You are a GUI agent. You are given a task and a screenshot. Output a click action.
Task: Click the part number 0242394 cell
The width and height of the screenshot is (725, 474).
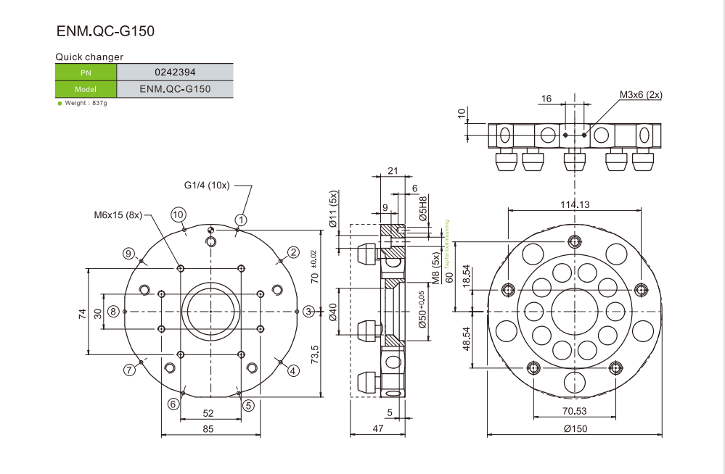click(175, 72)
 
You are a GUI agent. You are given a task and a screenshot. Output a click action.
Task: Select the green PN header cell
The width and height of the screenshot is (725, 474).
click(86, 72)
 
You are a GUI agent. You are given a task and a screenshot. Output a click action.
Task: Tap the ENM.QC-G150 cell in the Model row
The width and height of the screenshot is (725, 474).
click(175, 89)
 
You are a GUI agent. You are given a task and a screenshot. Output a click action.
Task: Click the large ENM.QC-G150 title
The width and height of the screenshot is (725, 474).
click(105, 32)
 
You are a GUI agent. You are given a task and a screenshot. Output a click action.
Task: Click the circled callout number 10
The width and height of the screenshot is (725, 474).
click(179, 214)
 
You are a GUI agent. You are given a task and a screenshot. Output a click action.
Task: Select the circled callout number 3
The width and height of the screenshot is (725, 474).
click(308, 311)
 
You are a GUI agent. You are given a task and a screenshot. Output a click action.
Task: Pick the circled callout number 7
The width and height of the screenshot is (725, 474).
click(129, 370)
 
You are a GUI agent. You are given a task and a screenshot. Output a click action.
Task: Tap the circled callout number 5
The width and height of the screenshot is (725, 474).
click(248, 405)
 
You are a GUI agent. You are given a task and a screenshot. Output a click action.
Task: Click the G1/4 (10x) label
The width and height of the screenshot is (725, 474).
click(206, 186)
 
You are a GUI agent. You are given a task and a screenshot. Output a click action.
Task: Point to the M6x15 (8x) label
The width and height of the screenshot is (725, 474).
click(118, 215)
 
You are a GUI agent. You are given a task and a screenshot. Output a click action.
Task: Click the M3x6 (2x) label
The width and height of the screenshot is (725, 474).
click(641, 94)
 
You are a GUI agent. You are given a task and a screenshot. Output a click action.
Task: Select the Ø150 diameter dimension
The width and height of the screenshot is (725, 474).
click(575, 428)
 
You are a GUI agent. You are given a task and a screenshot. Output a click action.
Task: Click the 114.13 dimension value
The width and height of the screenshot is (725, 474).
click(575, 205)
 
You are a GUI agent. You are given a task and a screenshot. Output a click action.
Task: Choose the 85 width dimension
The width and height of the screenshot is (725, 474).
click(208, 429)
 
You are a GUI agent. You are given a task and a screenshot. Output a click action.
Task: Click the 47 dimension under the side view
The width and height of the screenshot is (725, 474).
click(377, 429)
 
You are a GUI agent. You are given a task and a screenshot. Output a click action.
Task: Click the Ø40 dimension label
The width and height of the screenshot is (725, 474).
click(332, 312)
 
